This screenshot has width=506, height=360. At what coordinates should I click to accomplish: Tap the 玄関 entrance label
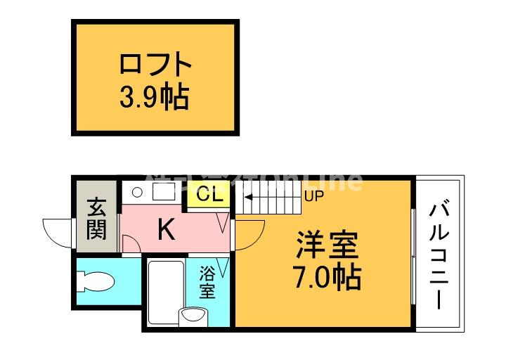click(97, 219)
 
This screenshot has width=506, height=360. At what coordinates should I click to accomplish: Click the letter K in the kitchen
click(165, 229)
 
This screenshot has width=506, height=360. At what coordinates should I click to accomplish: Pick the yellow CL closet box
click(208, 195)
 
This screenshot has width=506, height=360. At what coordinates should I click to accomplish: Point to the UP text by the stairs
click(313, 195)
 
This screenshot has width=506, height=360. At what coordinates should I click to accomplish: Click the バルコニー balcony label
click(439, 255)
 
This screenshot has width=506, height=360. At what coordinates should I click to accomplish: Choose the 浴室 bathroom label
click(207, 281)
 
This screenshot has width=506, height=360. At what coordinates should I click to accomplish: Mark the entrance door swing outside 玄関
click(59, 231)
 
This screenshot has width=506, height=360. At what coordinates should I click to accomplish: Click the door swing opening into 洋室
click(248, 235)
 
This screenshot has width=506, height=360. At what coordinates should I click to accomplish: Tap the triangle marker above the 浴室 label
click(224, 266)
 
